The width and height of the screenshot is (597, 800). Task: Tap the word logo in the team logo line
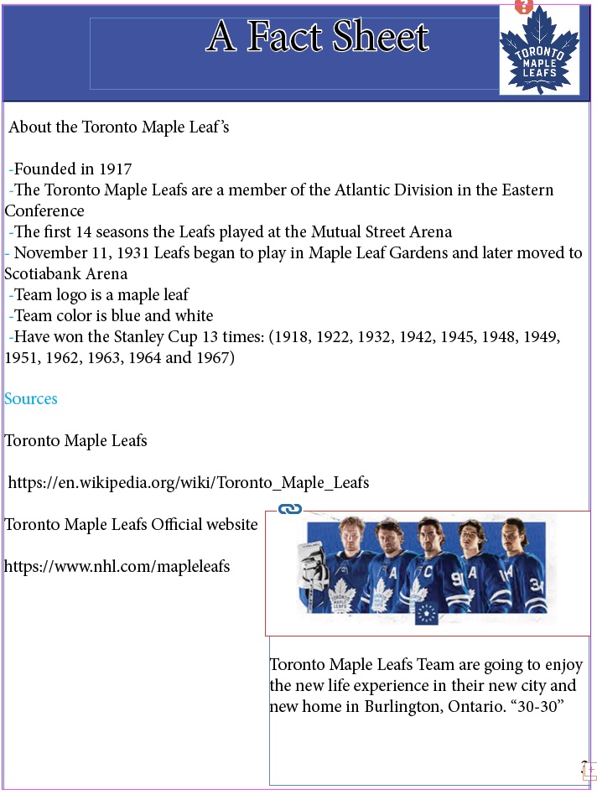[74, 295]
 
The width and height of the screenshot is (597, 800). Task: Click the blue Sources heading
[31, 399]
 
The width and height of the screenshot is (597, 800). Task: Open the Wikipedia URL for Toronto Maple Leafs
[188, 483]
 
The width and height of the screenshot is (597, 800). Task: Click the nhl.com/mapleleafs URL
[117, 567]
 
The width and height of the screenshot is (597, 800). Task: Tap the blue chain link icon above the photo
[290, 509]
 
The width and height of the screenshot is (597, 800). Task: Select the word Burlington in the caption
[399, 707]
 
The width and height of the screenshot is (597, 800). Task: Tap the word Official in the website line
[180, 525]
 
